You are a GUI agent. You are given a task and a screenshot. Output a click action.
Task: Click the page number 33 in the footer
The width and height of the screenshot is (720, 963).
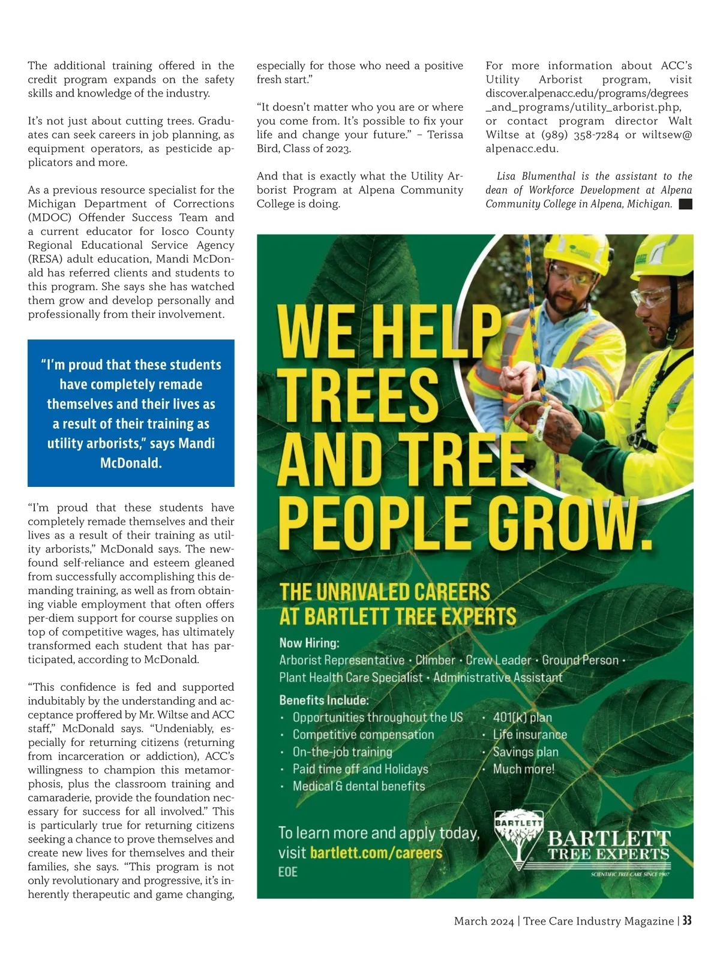click(686, 920)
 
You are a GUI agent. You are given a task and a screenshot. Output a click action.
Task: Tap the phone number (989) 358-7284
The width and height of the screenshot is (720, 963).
click(580, 135)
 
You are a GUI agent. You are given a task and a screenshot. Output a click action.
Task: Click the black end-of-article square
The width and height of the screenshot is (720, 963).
click(685, 204)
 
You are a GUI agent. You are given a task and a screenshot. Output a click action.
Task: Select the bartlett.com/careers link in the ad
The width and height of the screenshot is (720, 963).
click(376, 853)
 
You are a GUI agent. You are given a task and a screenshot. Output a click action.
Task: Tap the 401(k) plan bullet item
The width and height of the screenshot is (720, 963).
click(522, 717)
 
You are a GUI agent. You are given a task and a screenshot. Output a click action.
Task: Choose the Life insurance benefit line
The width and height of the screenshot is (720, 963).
click(529, 735)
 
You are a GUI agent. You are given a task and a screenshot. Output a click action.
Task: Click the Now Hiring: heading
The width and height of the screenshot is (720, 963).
click(309, 643)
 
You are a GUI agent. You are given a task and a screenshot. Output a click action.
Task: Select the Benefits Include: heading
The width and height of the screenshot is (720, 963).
click(324, 700)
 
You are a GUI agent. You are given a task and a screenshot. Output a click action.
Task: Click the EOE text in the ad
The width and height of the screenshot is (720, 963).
click(288, 871)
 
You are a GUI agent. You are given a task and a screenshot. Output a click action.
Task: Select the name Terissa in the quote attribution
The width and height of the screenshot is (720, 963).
click(444, 135)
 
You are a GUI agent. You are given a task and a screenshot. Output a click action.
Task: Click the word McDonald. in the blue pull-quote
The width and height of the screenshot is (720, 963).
click(131, 463)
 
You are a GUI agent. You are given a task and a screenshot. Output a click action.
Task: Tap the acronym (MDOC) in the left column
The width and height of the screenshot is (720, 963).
click(50, 218)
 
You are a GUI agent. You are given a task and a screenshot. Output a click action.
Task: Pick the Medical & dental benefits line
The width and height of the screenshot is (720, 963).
click(358, 786)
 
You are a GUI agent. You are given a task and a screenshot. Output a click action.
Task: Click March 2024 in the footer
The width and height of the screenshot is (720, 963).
click(484, 921)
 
